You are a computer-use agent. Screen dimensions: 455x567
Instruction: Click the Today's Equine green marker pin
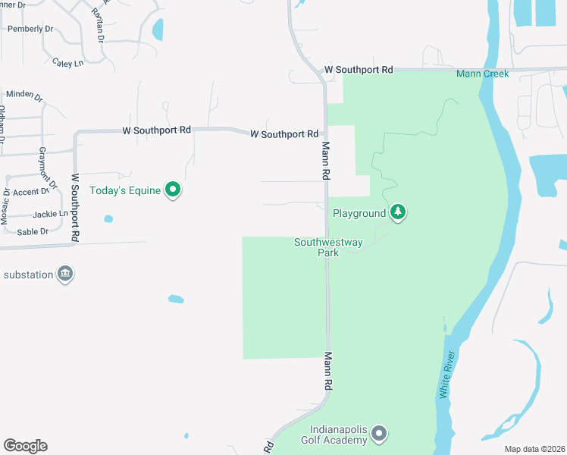[x=173, y=190]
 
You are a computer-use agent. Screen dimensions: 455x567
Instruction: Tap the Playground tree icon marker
[x=397, y=213]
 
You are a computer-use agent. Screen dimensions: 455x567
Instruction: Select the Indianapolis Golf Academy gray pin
[x=380, y=434]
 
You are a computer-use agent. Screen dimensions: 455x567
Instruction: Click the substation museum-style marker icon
[x=65, y=274]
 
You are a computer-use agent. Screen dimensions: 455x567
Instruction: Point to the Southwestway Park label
[x=328, y=247]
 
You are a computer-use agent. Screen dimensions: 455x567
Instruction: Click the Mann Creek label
[x=482, y=74]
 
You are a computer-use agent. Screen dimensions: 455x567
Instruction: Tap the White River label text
[x=447, y=375]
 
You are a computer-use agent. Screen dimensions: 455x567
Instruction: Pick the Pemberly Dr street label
[x=30, y=29]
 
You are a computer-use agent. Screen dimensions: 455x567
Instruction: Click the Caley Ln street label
[x=67, y=63]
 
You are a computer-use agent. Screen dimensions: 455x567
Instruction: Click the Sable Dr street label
[x=33, y=231]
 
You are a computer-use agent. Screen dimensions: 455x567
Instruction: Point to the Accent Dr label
[x=31, y=193]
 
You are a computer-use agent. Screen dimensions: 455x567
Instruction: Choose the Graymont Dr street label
[x=47, y=168]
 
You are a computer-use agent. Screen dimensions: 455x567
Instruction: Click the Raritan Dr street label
[x=98, y=27]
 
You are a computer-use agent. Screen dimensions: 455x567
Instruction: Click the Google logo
[x=25, y=446]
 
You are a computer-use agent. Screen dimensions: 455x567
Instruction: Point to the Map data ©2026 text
[x=534, y=449]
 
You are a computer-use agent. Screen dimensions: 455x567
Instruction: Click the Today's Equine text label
[x=125, y=190]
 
